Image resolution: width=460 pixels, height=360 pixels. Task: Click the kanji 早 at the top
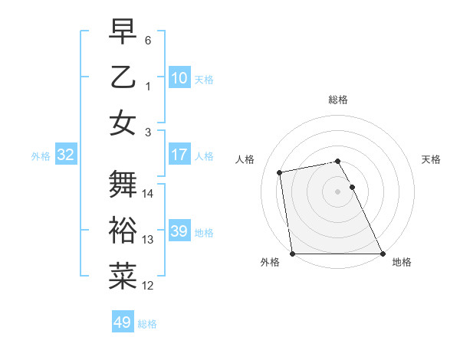click(x=123, y=31)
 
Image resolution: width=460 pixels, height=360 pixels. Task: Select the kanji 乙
click(x=123, y=77)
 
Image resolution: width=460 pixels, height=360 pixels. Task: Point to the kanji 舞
click(x=123, y=184)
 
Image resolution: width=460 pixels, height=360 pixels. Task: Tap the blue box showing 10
click(x=179, y=77)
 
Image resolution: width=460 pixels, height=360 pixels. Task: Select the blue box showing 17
click(x=179, y=155)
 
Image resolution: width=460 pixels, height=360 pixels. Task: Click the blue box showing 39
click(x=179, y=231)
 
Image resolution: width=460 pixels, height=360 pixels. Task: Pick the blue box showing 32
click(x=65, y=155)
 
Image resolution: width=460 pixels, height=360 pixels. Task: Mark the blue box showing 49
click(x=122, y=322)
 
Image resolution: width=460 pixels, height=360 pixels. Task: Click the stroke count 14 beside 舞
click(x=148, y=194)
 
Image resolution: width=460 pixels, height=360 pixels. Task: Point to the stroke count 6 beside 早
click(x=148, y=40)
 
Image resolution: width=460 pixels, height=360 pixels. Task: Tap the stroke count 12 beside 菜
click(x=148, y=286)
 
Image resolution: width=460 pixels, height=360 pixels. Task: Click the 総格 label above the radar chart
click(x=338, y=100)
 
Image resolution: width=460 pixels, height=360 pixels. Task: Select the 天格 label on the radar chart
click(x=431, y=159)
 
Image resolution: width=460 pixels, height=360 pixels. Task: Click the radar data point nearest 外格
click(x=292, y=254)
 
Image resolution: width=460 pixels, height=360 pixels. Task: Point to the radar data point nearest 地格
click(x=383, y=254)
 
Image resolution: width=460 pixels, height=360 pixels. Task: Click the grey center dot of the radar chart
click(x=338, y=191)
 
